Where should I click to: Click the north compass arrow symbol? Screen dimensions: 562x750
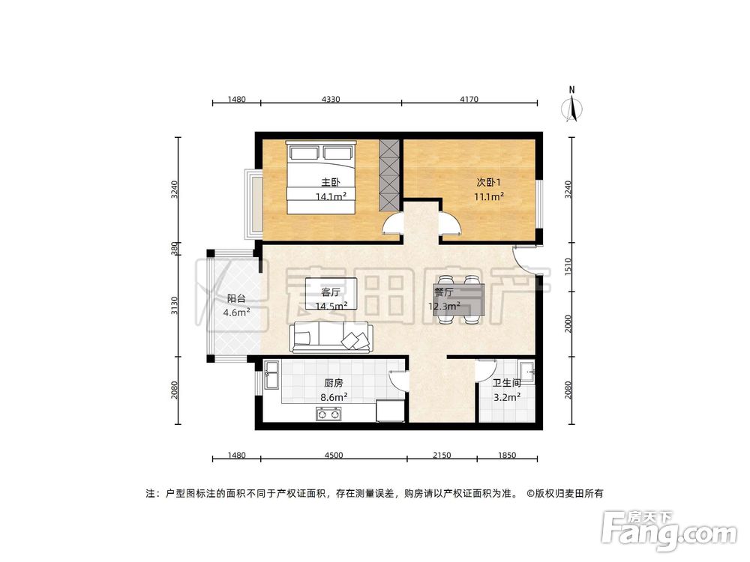tap(572, 107)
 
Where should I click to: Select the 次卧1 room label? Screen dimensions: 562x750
tap(487, 182)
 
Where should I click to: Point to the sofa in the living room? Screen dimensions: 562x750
tap(331, 337)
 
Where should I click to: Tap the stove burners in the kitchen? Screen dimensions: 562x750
tap(328, 412)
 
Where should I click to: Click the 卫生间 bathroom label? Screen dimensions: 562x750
tap(507, 383)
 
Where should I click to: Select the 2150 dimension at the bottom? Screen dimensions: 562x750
tap(442, 456)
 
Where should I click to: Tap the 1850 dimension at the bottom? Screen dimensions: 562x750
tap(507, 456)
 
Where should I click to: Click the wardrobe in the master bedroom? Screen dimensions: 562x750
tap(389, 175)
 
